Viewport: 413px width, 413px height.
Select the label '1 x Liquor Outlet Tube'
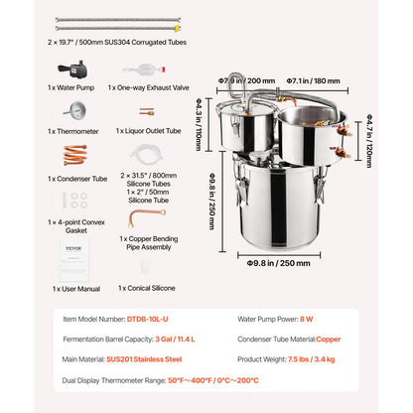(149, 130)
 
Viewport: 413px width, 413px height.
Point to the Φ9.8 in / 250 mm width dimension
(271, 264)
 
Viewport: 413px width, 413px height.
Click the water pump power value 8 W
(309, 319)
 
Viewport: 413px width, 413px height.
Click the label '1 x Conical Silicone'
(147, 288)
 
